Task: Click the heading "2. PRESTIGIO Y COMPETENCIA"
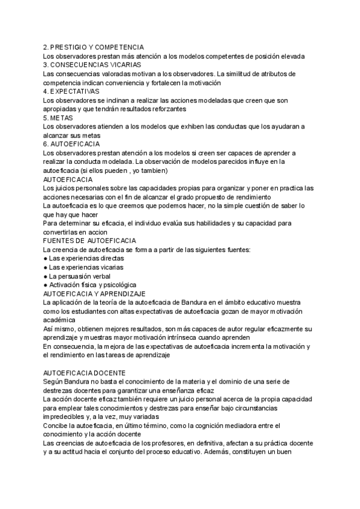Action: point(93,47)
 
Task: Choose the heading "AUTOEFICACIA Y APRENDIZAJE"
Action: point(95,294)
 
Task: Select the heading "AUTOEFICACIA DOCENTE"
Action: point(84,373)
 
